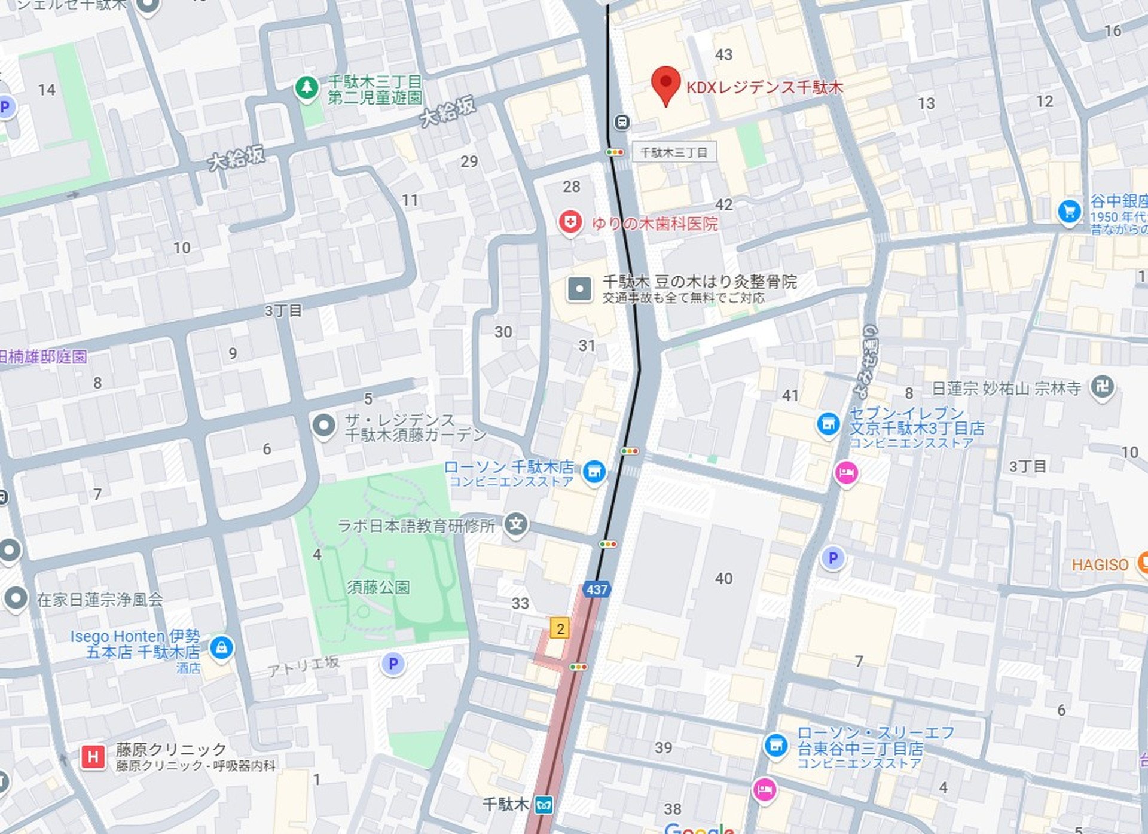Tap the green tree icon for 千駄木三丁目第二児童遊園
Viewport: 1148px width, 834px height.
[307, 88]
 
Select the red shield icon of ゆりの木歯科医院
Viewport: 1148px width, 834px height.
[570, 222]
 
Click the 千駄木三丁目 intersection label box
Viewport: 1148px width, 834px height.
[674, 152]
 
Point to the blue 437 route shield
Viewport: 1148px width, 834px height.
[596, 589]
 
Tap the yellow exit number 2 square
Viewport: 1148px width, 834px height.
[560, 628]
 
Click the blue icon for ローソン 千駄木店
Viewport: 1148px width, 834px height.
[594, 472]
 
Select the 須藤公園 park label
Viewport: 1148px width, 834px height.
[378, 587]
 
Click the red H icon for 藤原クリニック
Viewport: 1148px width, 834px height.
[93, 757]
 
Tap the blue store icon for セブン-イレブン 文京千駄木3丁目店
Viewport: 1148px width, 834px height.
[828, 424]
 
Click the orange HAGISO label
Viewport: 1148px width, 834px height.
[1100, 564]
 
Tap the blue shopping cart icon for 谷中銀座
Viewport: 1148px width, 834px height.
[1069, 211]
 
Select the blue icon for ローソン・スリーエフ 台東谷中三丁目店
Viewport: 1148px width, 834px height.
[776, 745]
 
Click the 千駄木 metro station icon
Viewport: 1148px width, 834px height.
[544, 805]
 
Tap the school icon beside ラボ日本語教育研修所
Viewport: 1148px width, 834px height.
[516, 525]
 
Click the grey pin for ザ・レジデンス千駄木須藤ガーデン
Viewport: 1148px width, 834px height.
[324, 426]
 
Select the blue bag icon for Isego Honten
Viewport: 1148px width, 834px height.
[221, 647]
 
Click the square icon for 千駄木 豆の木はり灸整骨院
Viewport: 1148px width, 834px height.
[579, 289]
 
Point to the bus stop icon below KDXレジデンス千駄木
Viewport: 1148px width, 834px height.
[622, 123]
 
